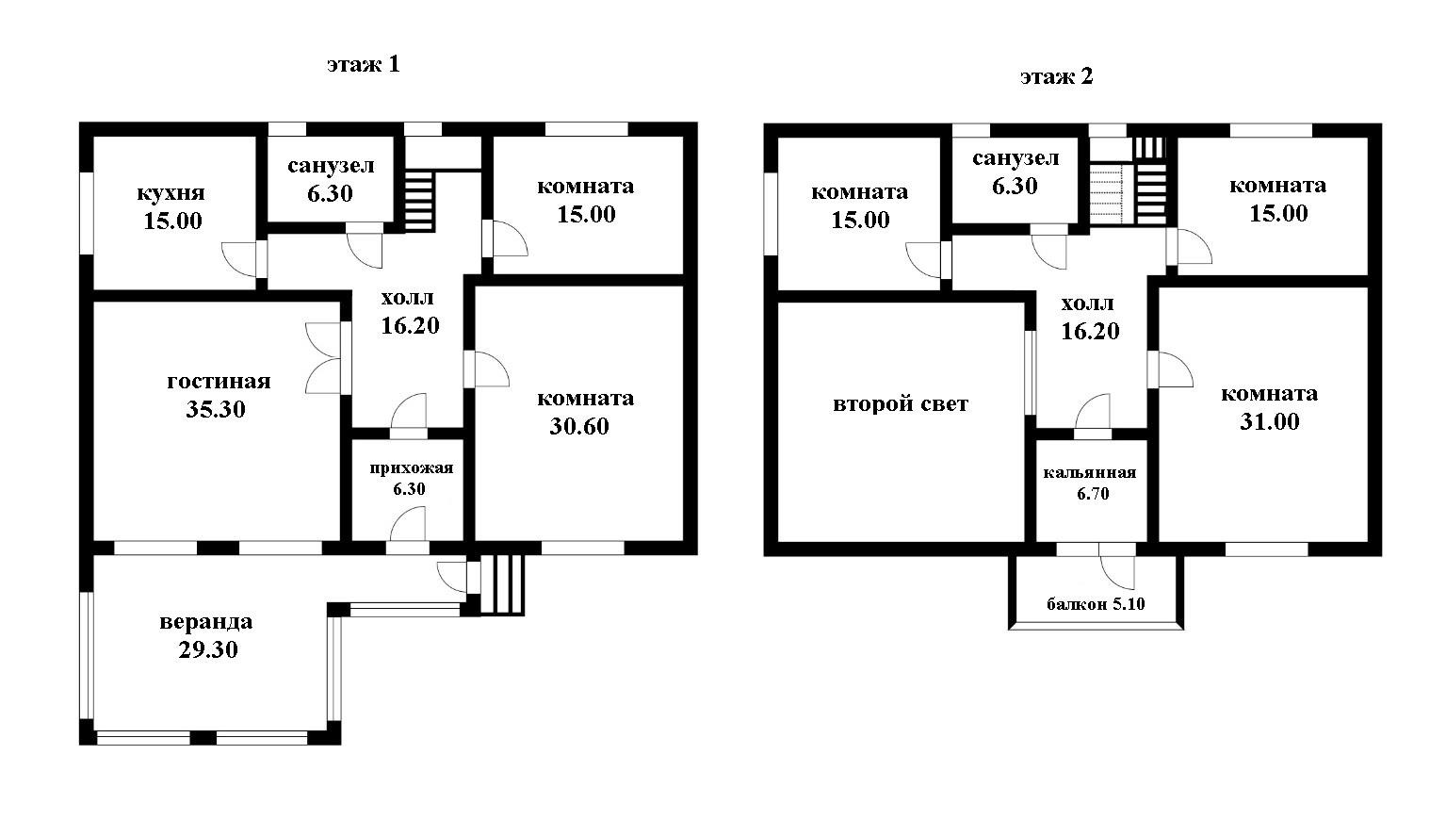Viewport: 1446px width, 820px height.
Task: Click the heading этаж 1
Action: [x=363, y=65]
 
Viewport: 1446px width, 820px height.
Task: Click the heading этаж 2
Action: [x=1056, y=77]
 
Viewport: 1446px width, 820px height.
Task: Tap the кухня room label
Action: [x=171, y=193]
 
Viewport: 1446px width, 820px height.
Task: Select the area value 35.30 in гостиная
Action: [x=216, y=409]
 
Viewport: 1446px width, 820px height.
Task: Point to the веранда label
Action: [x=206, y=622]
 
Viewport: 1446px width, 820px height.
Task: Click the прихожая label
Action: [x=412, y=468]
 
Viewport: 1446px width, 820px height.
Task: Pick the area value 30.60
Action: [x=579, y=426]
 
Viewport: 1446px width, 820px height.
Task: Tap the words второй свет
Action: [x=901, y=404]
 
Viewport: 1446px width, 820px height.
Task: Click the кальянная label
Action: [x=1090, y=472]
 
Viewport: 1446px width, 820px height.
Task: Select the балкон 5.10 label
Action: [x=1096, y=604]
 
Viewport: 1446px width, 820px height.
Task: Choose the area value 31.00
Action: [x=1269, y=421]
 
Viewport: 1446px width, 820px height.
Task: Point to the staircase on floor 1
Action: [x=419, y=201]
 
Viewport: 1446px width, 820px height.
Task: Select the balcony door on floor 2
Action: [x=1117, y=568]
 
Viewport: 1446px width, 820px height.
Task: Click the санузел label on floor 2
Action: [x=1015, y=159]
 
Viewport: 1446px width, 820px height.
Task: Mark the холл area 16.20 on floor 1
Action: [x=410, y=326]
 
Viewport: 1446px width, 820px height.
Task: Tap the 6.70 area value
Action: [x=1093, y=494]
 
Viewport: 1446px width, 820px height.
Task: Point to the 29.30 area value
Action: [x=208, y=649]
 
